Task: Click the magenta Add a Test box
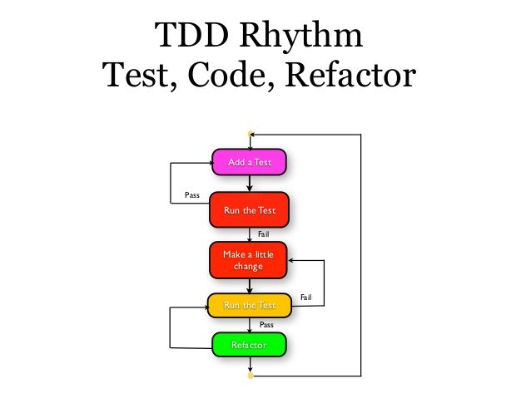[x=250, y=161]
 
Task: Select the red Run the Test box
[x=250, y=210]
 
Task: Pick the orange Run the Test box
[x=250, y=305]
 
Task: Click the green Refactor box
[x=250, y=344]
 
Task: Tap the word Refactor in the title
[x=349, y=76]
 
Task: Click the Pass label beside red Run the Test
[x=191, y=195]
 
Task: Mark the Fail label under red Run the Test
[x=263, y=234]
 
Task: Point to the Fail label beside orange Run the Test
[x=305, y=297]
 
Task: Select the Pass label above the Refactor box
[x=266, y=325]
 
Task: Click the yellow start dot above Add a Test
[x=250, y=133]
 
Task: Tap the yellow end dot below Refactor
[x=250, y=376]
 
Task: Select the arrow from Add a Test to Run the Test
[x=250, y=184]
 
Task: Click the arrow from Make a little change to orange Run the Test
[x=250, y=286]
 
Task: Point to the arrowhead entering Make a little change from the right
[x=290, y=259]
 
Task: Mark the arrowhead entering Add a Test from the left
[x=210, y=162]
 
